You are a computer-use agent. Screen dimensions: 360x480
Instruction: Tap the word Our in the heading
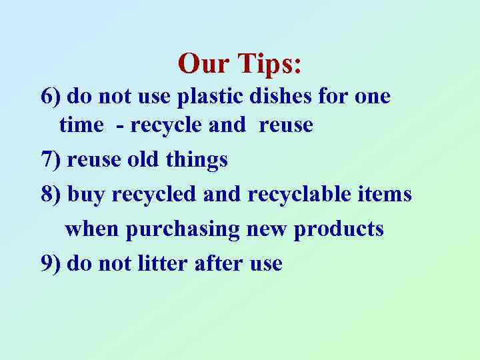[x=201, y=63]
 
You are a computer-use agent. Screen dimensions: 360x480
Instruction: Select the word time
[x=81, y=125]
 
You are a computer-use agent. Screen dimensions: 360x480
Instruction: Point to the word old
[x=145, y=160]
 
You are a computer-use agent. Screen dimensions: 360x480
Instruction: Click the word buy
[x=87, y=195]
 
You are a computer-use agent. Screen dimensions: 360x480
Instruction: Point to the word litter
[x=161, y=263]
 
